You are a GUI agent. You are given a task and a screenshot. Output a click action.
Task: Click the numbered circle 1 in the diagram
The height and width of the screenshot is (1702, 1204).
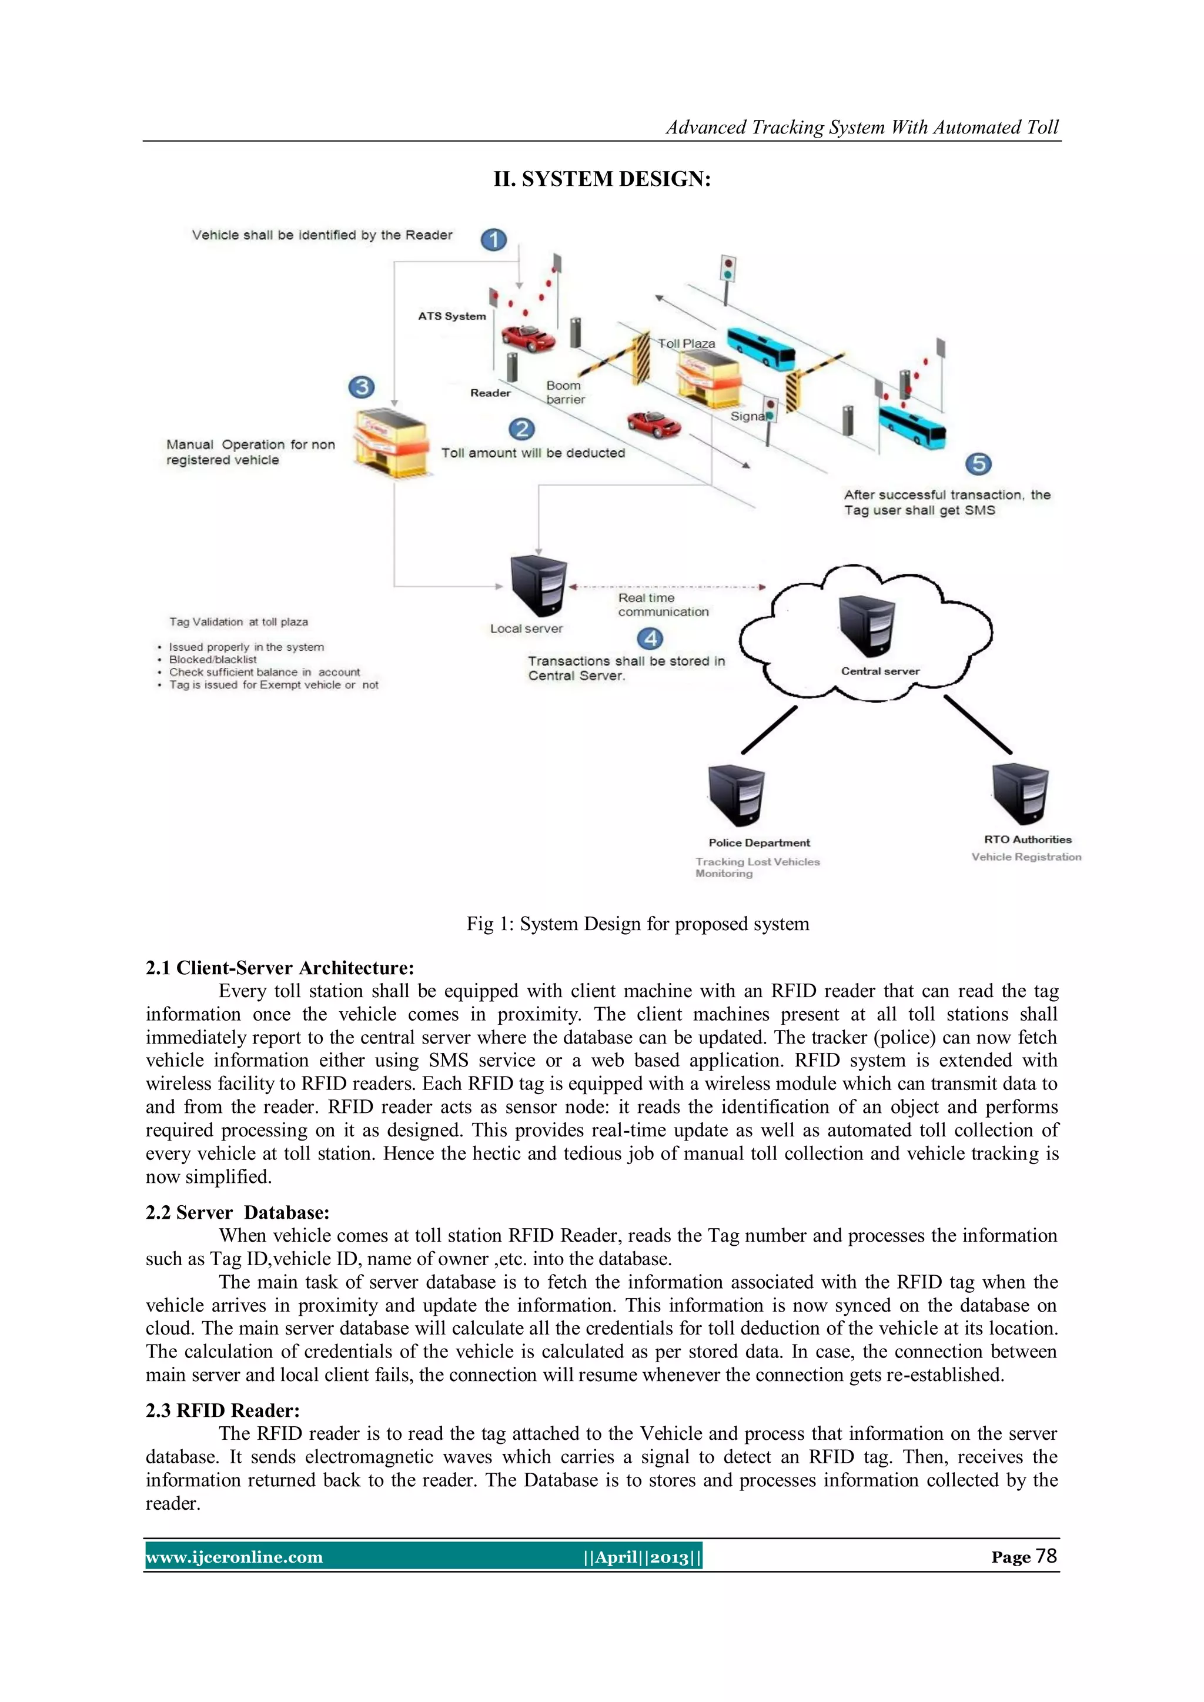(494, 239)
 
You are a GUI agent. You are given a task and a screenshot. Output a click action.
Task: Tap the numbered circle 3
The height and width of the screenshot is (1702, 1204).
(362, 387)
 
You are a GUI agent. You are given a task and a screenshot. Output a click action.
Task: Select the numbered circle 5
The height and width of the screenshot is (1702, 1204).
(979, 464)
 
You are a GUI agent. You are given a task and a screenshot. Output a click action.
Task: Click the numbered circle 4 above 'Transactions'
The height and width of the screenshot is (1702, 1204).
(650, 638)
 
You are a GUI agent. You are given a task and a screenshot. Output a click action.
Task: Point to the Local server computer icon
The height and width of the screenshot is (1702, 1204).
(539, 586)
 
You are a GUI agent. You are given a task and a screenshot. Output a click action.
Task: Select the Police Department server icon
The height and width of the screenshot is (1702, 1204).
(735, 795)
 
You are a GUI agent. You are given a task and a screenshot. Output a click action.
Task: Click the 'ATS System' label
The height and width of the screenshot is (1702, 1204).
(451, 316)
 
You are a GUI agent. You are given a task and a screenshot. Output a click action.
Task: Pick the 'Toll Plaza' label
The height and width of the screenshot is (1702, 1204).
(687, 344)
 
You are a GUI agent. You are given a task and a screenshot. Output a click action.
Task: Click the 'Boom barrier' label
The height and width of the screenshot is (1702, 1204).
(565, 392)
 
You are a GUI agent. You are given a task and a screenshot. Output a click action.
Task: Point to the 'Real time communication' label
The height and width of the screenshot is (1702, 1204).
(663, 605)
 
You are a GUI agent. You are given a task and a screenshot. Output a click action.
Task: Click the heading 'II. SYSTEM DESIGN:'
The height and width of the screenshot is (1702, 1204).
(602, 179)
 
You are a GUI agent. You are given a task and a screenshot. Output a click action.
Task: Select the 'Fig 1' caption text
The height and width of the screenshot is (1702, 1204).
(638, 924)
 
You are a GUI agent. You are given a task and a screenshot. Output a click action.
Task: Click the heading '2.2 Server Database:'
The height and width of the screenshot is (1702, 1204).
(238, 1213)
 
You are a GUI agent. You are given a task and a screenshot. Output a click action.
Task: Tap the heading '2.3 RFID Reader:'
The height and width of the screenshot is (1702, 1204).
(222, 1410)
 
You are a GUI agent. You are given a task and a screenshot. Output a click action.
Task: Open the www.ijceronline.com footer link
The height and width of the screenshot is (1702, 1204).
(235, 1557)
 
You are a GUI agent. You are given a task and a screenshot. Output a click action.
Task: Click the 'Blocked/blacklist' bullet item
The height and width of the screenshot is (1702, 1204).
(213, 660)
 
